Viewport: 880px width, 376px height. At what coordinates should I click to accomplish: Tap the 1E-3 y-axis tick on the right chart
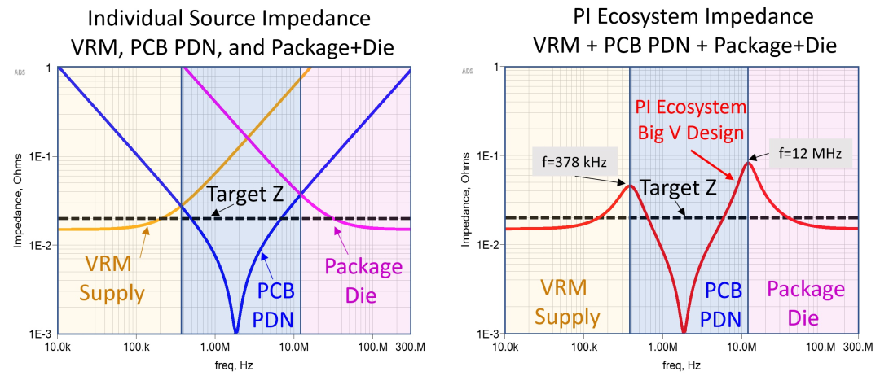click(x=489, y=334)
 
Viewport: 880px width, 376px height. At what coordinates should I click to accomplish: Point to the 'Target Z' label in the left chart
click(x=243, y=195)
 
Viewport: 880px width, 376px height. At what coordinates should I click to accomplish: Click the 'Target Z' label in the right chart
click(x=678, y=187)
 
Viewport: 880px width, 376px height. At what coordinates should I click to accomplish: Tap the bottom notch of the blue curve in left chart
click(x=236, y=332)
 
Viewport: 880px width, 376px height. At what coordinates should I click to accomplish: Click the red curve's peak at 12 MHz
click(x=748, y=163)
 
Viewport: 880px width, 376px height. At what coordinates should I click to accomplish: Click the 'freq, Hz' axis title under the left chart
click(x=234, y=365)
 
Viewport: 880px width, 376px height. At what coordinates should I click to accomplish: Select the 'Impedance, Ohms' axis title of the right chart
click(x=465, y=200)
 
